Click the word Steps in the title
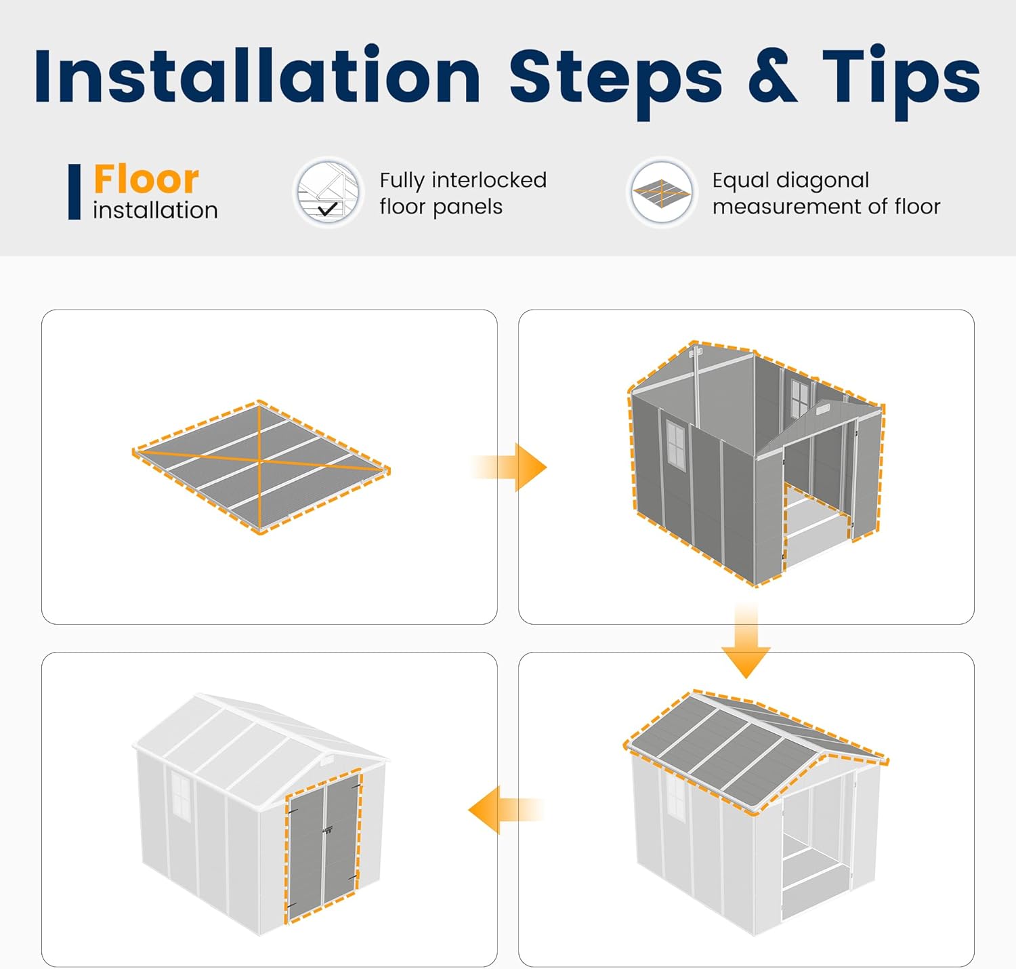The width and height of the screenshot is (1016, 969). (x=616, y=82)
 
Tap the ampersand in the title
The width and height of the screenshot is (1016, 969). (x=772, y=75)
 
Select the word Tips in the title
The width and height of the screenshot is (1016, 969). (x=901, y=82)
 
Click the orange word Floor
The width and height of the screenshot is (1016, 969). (x=146, y=179)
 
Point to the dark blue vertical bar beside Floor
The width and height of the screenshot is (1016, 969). (x=75, y=192)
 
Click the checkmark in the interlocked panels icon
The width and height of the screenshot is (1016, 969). (x=328, y=209)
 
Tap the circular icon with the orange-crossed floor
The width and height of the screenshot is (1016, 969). (x=662, y=192)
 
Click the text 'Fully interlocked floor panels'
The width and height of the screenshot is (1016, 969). (x=463, y=193)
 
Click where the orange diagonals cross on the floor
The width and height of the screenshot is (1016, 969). (x=259, y=459)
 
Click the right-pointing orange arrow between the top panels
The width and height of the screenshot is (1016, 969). (x=509, y=467)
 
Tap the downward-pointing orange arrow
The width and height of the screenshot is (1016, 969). (x=746, y=639)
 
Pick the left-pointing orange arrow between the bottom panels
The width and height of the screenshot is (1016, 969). (x=507, y=810)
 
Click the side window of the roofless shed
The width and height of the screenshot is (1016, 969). (x=675, y=446)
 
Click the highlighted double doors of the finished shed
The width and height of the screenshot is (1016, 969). (x=324, y=847)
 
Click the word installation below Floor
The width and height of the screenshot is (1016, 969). (x=156, y=211)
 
